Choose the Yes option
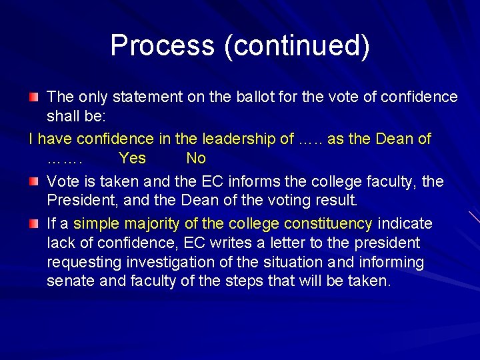tap(132, 159)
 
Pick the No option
tap(196, 159)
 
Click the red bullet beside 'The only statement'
tap(34, 97)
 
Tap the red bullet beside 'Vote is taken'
tap(34, 181)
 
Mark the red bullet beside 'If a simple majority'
tap(34, 223)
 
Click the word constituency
tap(328, 223)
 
